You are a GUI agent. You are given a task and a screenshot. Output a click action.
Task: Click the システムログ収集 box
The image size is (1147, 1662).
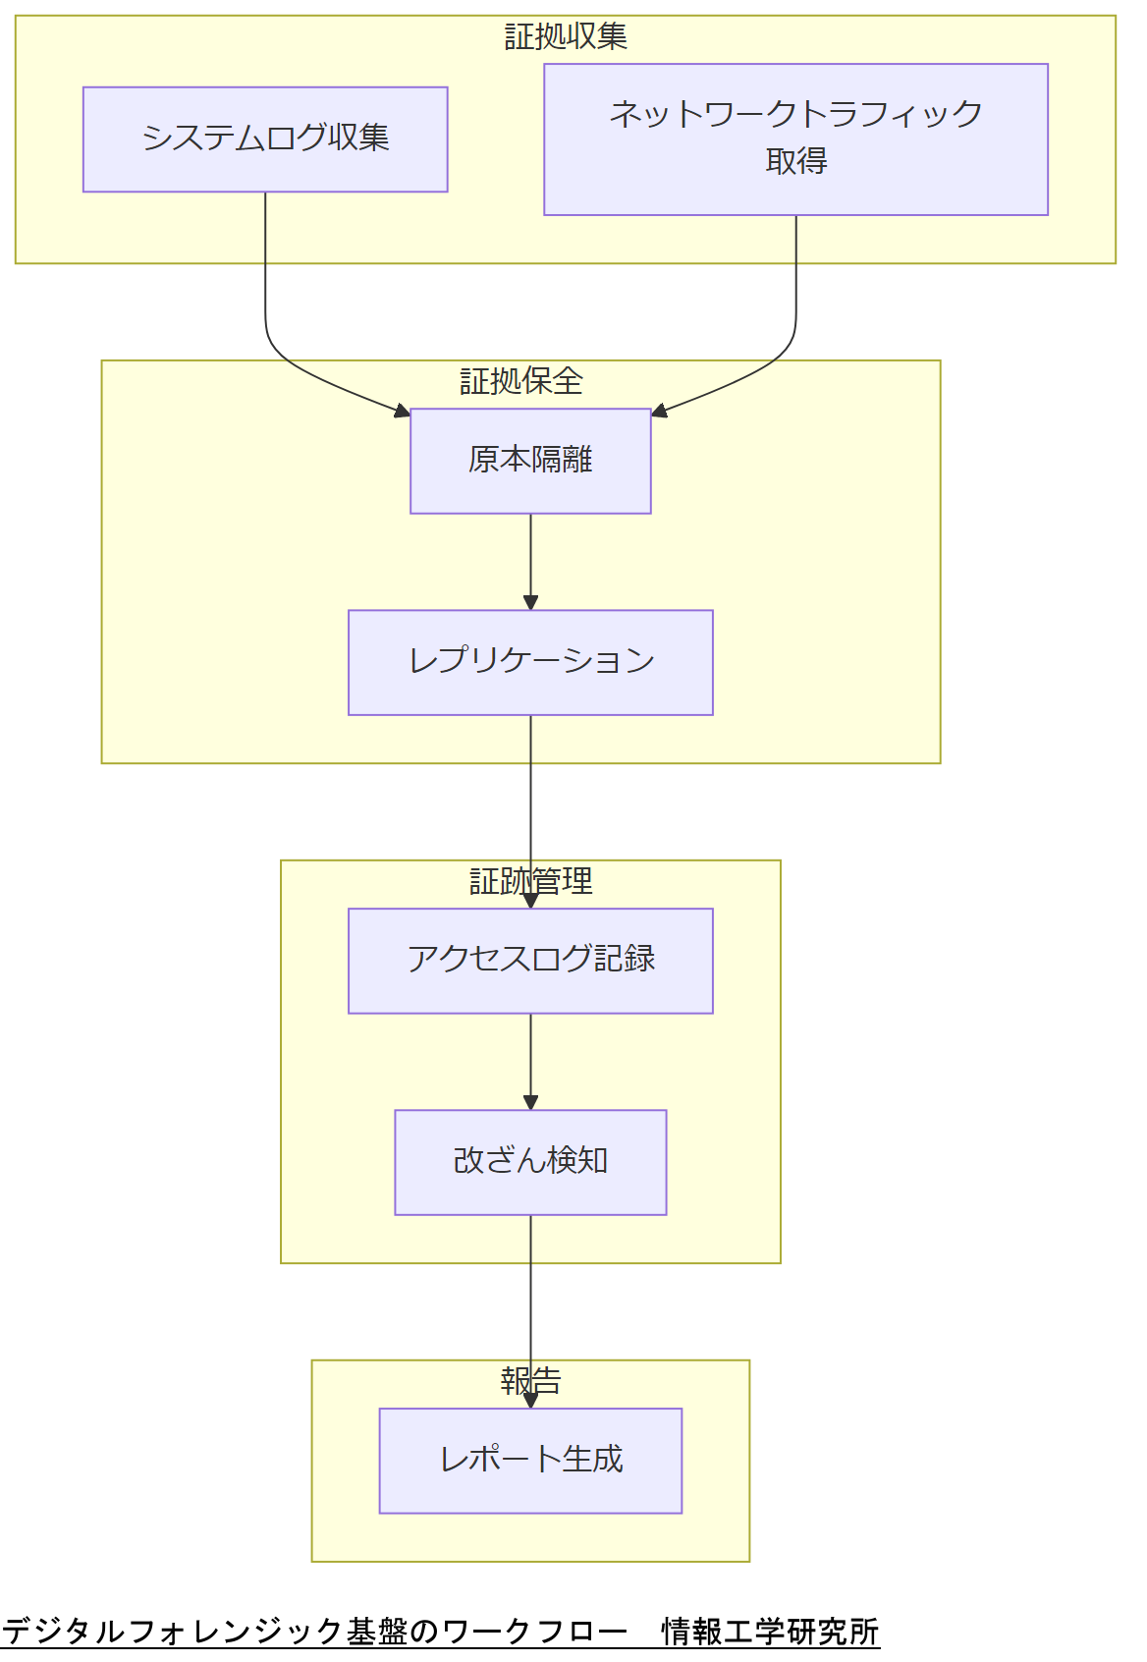coord(265,139)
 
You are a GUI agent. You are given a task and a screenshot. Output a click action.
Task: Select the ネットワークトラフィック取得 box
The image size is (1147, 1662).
coord(795,139)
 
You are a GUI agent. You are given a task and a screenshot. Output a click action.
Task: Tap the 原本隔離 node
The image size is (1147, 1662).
coord(530,461)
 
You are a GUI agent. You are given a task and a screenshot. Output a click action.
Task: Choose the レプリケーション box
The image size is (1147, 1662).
coord(530,662)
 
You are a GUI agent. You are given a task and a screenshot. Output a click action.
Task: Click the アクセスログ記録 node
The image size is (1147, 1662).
coord(530,961)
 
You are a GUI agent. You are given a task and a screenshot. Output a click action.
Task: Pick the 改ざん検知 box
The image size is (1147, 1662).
coord(530,1162)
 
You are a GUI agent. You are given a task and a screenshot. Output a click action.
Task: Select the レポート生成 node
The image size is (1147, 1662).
coord(530,1461)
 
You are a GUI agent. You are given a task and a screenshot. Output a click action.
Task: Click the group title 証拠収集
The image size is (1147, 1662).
coord(566,37)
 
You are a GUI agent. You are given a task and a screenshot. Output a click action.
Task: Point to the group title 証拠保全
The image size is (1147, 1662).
coord(521,381)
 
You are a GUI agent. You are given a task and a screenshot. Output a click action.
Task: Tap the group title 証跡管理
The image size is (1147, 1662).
coord(530,881)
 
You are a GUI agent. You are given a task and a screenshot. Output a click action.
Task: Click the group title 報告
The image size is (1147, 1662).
coord(530,1381)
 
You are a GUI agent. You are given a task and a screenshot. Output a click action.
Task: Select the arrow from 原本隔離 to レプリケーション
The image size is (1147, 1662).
coord(530,560)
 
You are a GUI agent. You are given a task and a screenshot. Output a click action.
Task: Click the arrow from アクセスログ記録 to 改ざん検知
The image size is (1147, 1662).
coord(530,1061)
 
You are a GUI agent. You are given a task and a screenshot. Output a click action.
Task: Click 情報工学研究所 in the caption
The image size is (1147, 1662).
coord(770,1632)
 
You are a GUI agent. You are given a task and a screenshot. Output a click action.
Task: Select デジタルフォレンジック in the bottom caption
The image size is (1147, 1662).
coord(173,1632)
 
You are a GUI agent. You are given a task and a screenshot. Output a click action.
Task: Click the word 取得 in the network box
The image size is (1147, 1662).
coord(795,161)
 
